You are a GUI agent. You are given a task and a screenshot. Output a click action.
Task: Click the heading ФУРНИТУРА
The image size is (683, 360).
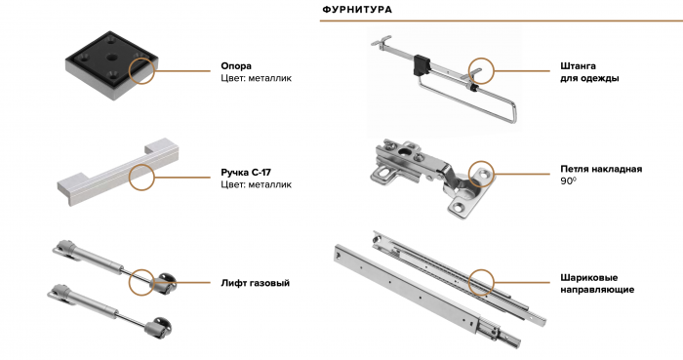click(x=357, y=9)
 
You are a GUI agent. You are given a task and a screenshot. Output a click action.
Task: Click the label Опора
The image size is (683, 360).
click(x=236, y=66)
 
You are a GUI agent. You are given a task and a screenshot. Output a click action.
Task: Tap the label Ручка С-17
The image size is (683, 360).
click(x=246, y=173)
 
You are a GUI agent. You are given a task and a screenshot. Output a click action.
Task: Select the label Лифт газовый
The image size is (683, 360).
click(x=256, y=283)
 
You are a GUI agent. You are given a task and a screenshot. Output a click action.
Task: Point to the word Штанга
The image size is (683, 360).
click(x=578, y=66)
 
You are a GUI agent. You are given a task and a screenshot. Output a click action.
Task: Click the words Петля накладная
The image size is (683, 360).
click(x=601, y=169)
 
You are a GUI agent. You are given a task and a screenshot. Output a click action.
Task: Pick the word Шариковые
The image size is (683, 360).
click(x=589, y=278)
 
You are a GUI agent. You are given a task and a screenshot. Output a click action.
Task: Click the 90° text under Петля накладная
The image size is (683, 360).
click(x=568, y=180)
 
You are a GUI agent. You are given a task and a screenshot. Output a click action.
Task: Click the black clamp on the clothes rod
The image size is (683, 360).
click(x=422, y=64)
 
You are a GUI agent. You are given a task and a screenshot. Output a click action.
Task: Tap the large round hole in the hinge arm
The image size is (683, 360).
click(x=403, y=153)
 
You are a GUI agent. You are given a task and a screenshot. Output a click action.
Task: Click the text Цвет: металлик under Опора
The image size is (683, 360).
click(x=256, y=78)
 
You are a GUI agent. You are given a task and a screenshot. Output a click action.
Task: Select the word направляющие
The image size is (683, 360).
click(x=597, y=290)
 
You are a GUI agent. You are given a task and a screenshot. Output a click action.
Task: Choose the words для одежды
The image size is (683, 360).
click(x=589, y=79)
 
